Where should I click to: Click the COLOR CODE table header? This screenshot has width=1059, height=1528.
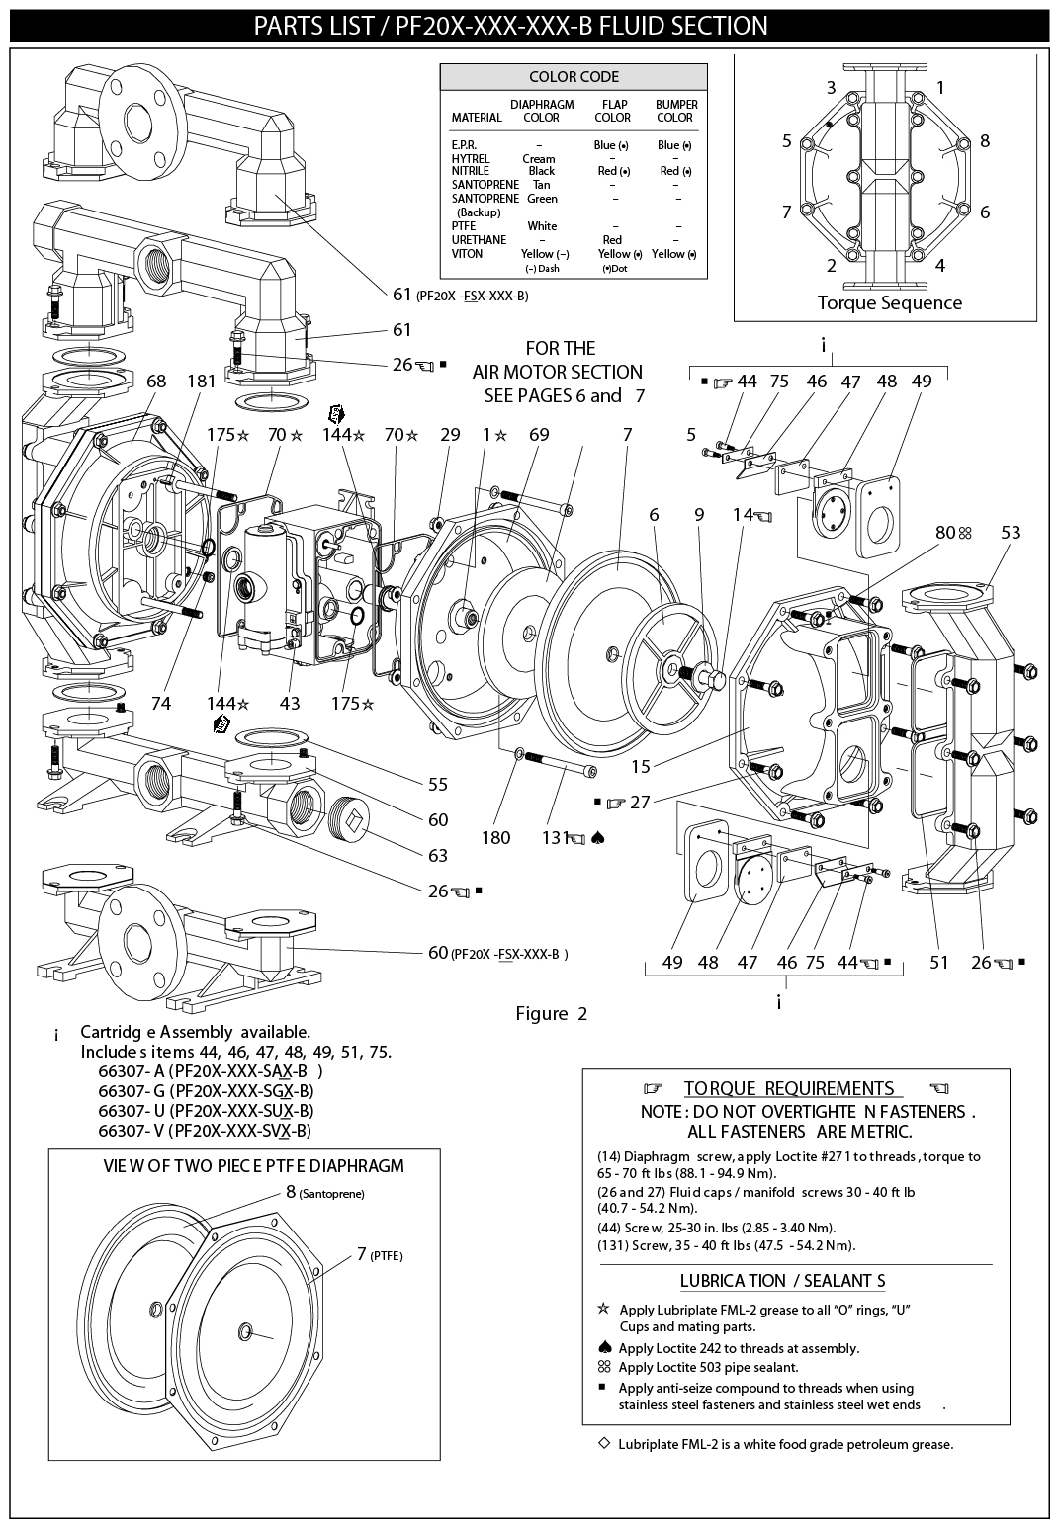pyautogui.click(x=574, y=77)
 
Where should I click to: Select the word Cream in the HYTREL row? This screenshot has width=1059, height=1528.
pyautogui.click(x=539, y=158)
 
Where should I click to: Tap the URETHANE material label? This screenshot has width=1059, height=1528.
pyautogui.click(x=479, y=240)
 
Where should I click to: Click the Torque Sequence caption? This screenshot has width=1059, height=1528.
pyautogui.click(x=889, y=302)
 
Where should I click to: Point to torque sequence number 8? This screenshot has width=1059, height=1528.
pyautogui.click(x=985, y=140)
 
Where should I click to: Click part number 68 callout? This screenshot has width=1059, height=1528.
pyautogui.click(x=156, y=382)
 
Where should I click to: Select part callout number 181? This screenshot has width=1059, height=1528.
pyautogui.click(x=201, y=382)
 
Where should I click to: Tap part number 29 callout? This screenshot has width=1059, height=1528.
pyautogui.click(x=450, y=434)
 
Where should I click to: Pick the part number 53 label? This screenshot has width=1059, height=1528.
pyautogui.click(x=1011, y=533)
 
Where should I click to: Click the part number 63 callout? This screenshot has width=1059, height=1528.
pyautogui.click(x=437, y=855)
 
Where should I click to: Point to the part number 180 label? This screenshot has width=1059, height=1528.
pyautogui.click(x=495, y=837)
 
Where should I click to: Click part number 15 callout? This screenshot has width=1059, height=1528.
pyautogui.click(x=640, y=766)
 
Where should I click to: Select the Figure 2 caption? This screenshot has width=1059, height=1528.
pyautogui.click(x=551, y=1013)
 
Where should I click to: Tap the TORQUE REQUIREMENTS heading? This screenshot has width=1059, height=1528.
pyautogui.click(x=789, y=1089)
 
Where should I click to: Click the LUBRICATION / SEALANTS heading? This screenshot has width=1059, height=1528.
pyautogui.click(x=782, y=1281)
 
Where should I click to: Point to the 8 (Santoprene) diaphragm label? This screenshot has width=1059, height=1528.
pyautogui.click(x=324, y=1192)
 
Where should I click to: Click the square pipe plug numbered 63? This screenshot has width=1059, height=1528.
pyautogui.click(x=354, y=816)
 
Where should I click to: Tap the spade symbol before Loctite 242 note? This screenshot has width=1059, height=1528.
pyautogui.click(x=604, y=1347)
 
